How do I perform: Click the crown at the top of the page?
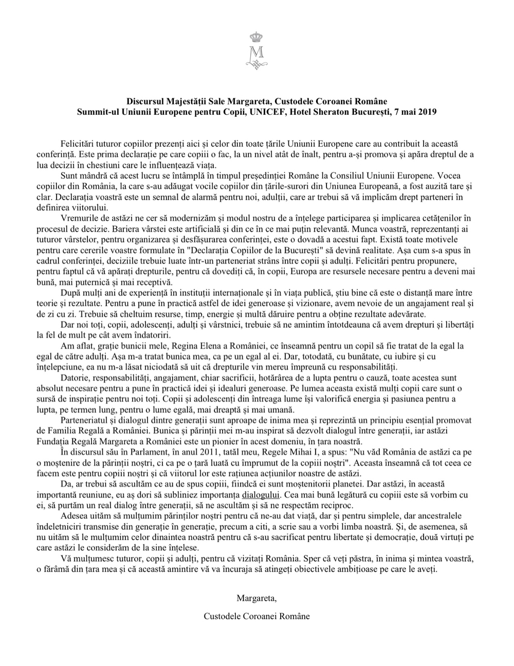pyautogui.click(x=256, y=37)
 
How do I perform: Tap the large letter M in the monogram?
pyautogui.click(x=256, y=53)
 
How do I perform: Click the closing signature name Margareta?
pyautogui.click(x=256, y=598)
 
